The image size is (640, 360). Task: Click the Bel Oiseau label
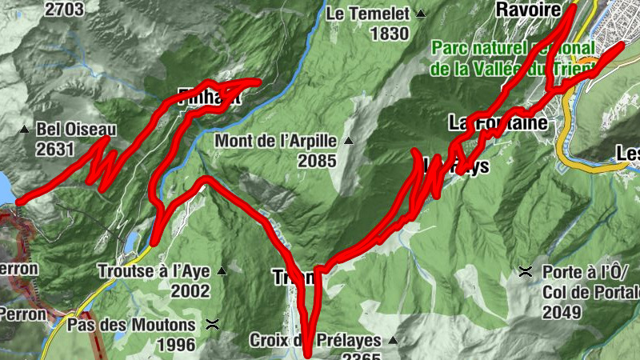[77, 130]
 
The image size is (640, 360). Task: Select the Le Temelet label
[368, 14]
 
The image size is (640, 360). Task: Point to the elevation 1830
[390, 34]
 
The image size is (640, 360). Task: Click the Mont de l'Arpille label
[275, 142]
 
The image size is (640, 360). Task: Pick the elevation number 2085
[318, 161]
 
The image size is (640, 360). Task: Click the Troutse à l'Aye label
[153, 270]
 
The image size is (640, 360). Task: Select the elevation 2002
[190, 290]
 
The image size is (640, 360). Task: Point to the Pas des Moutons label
[130, 325]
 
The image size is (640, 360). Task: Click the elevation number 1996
[175, 344]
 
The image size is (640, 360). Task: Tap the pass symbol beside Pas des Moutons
[213, 325]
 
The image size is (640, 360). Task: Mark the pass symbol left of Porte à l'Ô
[526, 271]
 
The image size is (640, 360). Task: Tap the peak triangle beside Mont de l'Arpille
[348, 142]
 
